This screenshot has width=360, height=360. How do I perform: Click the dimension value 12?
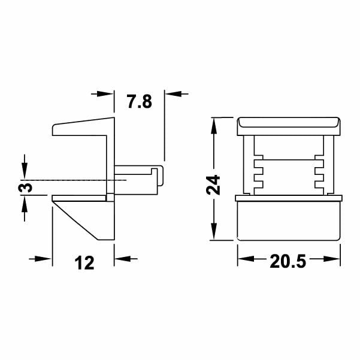pyautogui.click(x=84, y=262)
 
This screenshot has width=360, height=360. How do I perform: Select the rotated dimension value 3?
pyautogui.click(x=24, y=187)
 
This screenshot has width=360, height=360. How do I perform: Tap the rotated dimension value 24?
pyautogui.click(x=213, y=184)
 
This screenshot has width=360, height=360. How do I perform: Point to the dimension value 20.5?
pyautogui.click(x=288, y=262)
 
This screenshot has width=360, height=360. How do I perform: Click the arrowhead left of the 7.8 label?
pyautogui.click(x=106, y=93)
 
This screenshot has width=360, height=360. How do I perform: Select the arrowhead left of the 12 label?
pyautogui.click(x=45, y=259)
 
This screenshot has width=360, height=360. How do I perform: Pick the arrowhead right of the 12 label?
pyautogui.click(x=122, y=259)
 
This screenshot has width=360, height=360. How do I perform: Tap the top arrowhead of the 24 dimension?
pyautogui.click(x=213, y=125)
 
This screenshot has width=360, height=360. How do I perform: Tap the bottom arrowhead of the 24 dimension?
pyautogui.click(x=213, y=234)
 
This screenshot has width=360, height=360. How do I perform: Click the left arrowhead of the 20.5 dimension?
pyautogui.click(x=245, y=259)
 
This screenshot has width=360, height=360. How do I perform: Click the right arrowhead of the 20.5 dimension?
pyautogui.click(x=334, y=259)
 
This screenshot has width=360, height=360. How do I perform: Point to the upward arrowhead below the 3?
pyautogui.click(x=24, y=203)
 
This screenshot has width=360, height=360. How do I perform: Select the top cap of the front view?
pyautogui.click(x=289, y=126)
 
